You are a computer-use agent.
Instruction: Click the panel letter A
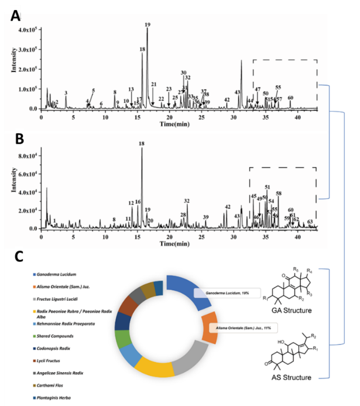pyautogui.click(x=15, y=16)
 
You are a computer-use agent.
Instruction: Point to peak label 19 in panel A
pyautogui.click(x=147, y=25)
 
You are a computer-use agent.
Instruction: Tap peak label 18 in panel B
pyautogui.click(x=141, y=144)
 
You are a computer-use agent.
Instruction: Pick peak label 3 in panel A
pyautogui.click(x=66, y=92)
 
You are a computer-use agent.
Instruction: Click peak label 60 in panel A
pyautogui.click(x=290, y=98)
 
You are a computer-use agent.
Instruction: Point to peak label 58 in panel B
pyautogui.click(x=279, y=194)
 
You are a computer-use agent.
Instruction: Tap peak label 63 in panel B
pyautogui.click(x=310, y=221)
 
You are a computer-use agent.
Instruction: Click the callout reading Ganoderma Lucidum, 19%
pyautogui.click(x=227, y=293)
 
